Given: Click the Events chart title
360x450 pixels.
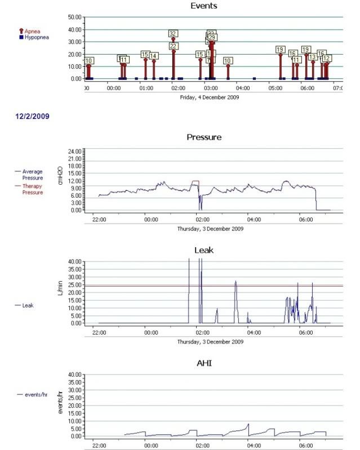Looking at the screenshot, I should pos(203,6).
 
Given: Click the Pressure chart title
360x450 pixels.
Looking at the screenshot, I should pos(203,137).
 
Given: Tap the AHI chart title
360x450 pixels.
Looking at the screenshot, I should pos(203,364).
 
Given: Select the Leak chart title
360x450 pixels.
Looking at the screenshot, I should pos(203,250).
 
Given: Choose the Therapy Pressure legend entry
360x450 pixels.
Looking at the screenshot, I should pos(32,189).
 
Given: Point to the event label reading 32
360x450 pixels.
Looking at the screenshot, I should pos(173,34).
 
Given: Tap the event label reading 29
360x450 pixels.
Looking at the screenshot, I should pos(212,37).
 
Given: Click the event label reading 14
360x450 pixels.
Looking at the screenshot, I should pos(154,56).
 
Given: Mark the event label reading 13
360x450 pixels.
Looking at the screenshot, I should pos(312,57).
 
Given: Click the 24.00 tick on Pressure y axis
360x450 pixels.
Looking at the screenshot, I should pos(75,152).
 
